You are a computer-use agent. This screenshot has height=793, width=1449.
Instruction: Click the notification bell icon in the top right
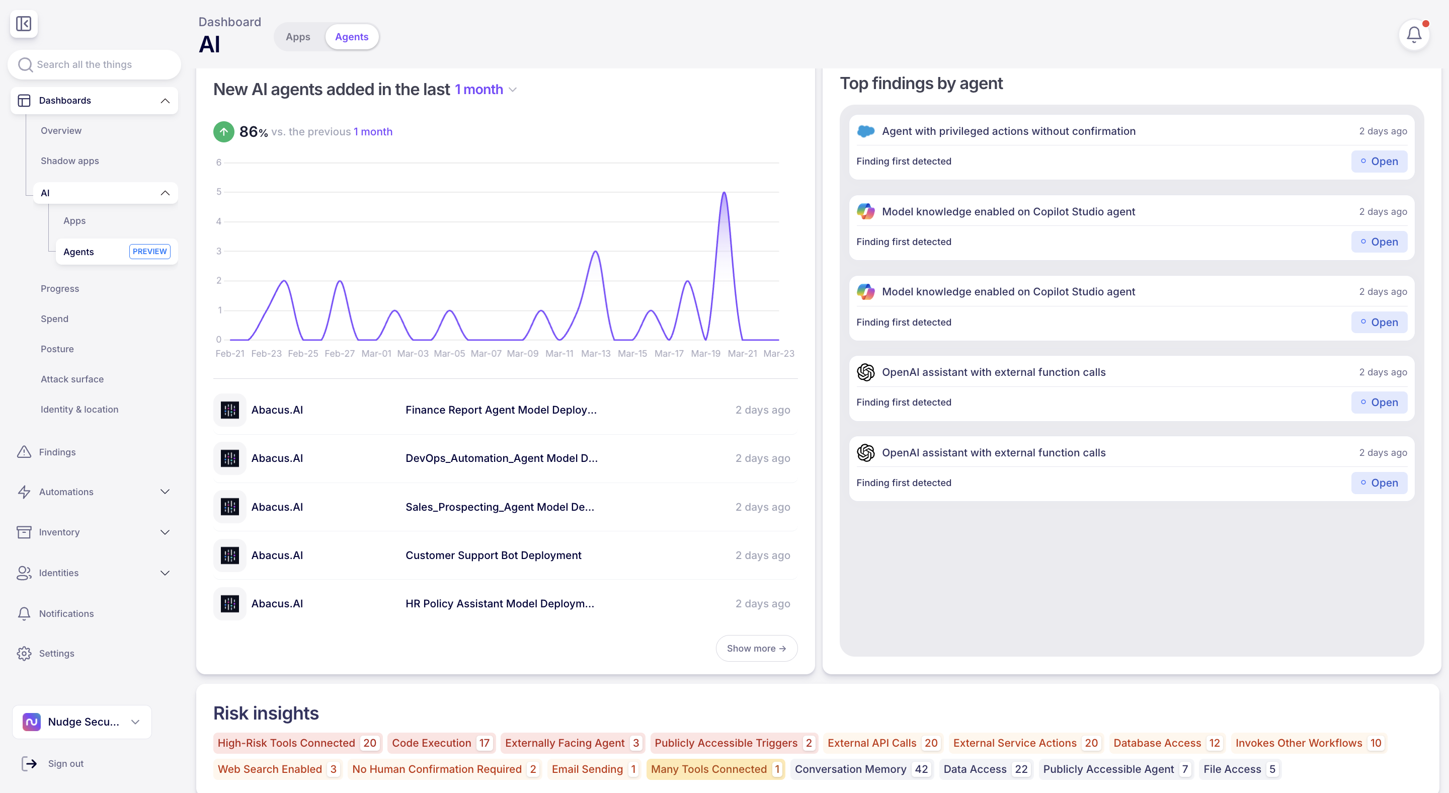click(1414, 35)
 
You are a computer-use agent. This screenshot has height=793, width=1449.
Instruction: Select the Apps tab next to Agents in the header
click(297, 37)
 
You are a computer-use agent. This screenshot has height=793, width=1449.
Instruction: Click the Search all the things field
click(95, 65)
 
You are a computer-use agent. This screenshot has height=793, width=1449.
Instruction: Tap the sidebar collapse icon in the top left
click(24, 24)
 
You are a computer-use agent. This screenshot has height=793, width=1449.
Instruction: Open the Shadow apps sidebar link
click(70, 161)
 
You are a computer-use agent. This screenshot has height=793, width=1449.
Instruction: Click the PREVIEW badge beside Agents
click(149, 252)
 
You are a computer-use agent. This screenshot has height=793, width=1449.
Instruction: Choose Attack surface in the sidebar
click(72, 379)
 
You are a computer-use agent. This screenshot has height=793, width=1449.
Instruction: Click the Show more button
click(756, 648)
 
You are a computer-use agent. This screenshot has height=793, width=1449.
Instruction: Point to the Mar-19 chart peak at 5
click(724, 193)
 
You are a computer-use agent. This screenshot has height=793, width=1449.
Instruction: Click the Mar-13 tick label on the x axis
click(596, 353)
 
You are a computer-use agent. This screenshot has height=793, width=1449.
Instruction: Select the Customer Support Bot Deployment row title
click(493, 555)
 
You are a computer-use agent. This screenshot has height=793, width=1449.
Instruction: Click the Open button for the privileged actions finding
click(1379, 162)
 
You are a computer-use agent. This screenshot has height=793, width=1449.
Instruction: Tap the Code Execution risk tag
click(441, 743)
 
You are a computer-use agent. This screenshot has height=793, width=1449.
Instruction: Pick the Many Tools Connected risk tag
click(715, 769)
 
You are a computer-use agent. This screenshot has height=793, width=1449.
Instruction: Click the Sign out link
click(66, 763)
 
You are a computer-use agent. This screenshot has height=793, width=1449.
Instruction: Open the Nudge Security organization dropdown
click(82, 722)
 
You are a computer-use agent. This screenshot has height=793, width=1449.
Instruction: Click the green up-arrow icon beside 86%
click(223, 132)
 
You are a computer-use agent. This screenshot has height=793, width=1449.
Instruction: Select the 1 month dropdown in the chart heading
click(486, 90)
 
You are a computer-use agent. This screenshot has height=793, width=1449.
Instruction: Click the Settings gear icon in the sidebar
click(24, 653)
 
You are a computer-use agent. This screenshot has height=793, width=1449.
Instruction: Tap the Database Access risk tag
click(1167, 743)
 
